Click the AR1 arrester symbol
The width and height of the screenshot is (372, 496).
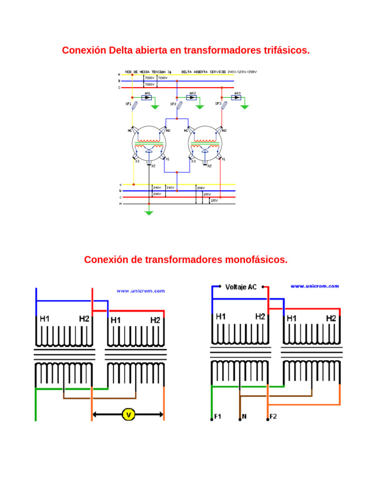pyautogui.click(x=148, y=97)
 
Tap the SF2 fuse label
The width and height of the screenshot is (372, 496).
pyautogui.click(x=173, y=104)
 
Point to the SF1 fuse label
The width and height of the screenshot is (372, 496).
pyautogui.click(x=128, y=104)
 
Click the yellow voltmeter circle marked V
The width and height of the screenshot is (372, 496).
pyautogui.click(x=128, y=414)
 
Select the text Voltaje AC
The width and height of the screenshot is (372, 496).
pyautogui.click(x=241, y=287)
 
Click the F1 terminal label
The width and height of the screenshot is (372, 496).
pyautogui.click(x=217, y=417)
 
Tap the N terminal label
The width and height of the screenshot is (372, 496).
pyautogui.click(x=244, y=417)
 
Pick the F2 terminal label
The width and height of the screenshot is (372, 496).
pyautogui.click(x=273, y=417)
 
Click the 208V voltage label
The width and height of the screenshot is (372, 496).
pyautogui.click(x=201, y=187)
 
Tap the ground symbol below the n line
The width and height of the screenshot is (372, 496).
pyautogui.click(x=149, y=212)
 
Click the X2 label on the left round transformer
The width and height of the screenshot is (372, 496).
pyautogui.click(x=153, y=166)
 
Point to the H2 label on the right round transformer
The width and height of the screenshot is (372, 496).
pyautogui.click(x=224, y=130)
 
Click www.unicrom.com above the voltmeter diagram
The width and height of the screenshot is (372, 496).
pyautogui.click(x=140, y=291)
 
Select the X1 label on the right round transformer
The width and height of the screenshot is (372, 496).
pyautogui.click(x=223, y=159)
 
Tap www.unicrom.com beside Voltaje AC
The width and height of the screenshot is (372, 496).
pyautogui.click(x=314, y=286)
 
